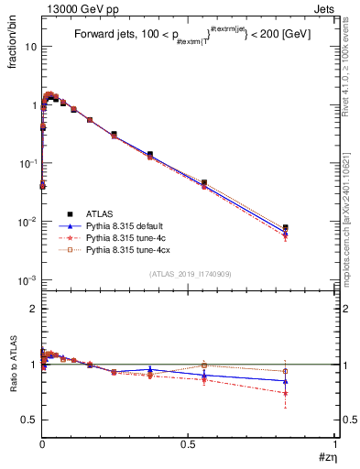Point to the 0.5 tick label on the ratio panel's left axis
(28, 420)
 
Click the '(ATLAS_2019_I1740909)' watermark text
(190, 274)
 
